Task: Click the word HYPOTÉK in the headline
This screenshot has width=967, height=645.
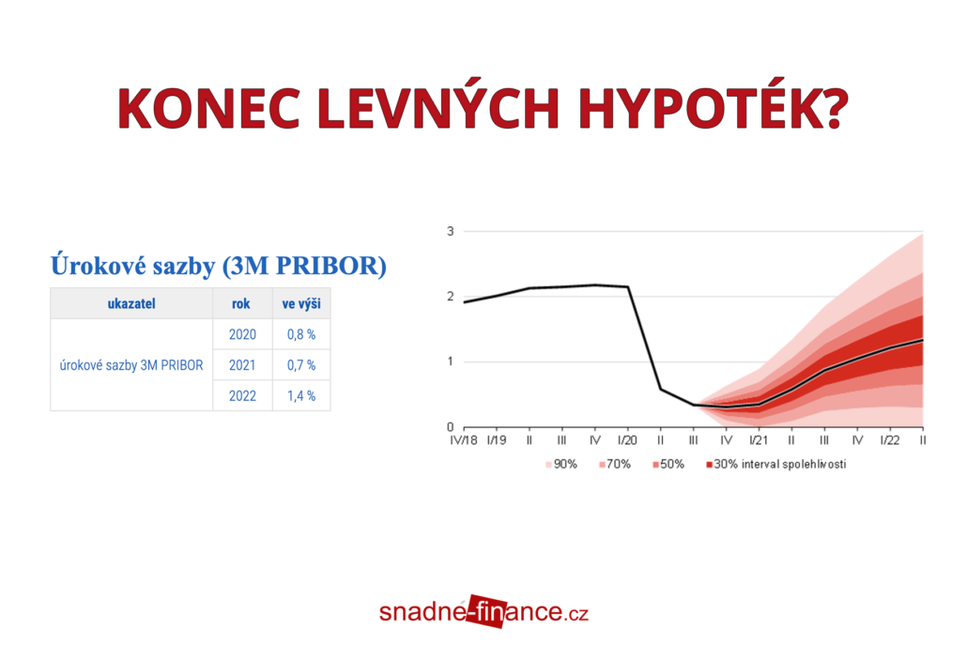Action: coord(713,108)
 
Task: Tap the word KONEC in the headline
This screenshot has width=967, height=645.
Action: coord(209,108)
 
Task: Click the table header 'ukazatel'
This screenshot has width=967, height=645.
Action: coord(131,303)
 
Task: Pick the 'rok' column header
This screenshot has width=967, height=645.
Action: coord(241,303)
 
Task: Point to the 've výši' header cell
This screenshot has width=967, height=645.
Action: coord(301,303)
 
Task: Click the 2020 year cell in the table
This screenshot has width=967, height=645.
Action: coord(242,334)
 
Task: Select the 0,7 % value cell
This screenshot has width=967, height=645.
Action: coord(301,365)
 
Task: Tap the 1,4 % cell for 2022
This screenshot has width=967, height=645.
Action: coord(301,396)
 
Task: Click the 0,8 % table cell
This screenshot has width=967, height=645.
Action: coord(301,334)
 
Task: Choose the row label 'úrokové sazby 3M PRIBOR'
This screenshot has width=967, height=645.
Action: coord(131,365)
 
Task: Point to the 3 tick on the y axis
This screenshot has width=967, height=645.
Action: coord(451,231)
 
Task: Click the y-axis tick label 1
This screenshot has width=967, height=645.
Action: coord(451,361)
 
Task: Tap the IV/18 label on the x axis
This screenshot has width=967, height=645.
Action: coord(464,440)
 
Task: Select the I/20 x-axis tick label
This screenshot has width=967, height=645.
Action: coord(627,440)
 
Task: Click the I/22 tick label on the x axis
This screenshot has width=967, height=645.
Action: coord(889,440)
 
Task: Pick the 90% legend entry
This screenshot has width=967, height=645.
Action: coord(561,465)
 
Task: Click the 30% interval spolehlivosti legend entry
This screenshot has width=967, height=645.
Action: coord(776,465)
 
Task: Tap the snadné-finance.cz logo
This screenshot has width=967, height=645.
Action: coord(484,612)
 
